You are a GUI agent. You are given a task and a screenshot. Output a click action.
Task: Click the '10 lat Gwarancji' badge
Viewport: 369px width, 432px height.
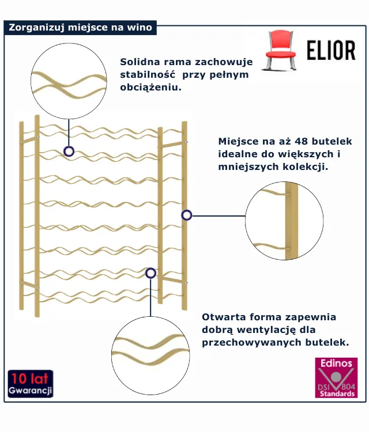pyautogui.click(x=31, y=384)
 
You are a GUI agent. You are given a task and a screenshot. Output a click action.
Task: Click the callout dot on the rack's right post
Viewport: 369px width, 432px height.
pyautogui.click(x=186, y=215)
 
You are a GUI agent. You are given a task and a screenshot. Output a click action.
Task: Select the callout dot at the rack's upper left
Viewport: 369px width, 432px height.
pyautogui.click(x=69, y=151)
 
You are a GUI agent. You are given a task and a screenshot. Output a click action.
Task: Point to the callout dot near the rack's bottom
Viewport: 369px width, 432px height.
pyautogui.click(x=150, y=273)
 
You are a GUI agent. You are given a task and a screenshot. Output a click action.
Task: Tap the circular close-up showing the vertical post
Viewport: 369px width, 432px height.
pyautogui.click(x=284, y=222)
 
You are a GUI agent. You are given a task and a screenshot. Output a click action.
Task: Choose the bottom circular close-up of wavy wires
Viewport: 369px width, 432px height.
pyautogui.click(x=150, y=355)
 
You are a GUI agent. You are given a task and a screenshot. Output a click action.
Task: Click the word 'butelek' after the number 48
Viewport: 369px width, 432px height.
pyautogui.click(x=331, y=141)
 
